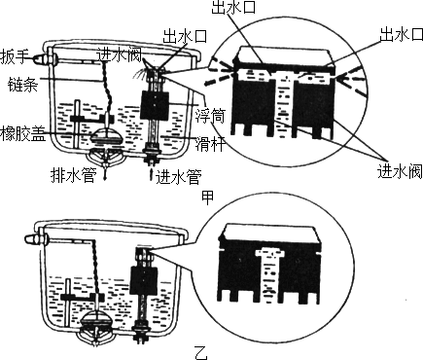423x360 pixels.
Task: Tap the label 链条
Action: pyautogui.click(x=22, y=84)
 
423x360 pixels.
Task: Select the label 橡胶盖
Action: pyautogui.click(x=22, y=133)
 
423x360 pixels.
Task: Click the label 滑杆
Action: pyautogui.click(x=209, y=144)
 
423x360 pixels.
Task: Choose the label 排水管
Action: pyautogui.click(x=74, y=175)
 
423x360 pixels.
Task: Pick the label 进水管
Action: pyautogui.click(x=179, y=177)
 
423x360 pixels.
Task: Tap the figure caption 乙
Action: pyautogui.click(x=201, y=352)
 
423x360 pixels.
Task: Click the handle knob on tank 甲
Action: pyautogui.click(x=38, y=58)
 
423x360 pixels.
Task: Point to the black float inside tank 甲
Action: pyautogui.click(x=155, y=105)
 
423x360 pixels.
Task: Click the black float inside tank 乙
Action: pyautogui.click(x=144, y=280)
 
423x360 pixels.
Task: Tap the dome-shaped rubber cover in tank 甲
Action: pyautogui.click(x=106, y=136)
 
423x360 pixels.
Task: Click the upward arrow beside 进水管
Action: pyautogui.click(x=151, y=175)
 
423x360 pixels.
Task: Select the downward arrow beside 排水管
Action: pyautogui.click(x=106, y=172)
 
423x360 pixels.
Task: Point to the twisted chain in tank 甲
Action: pyautogui.click(x=107, y=90)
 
